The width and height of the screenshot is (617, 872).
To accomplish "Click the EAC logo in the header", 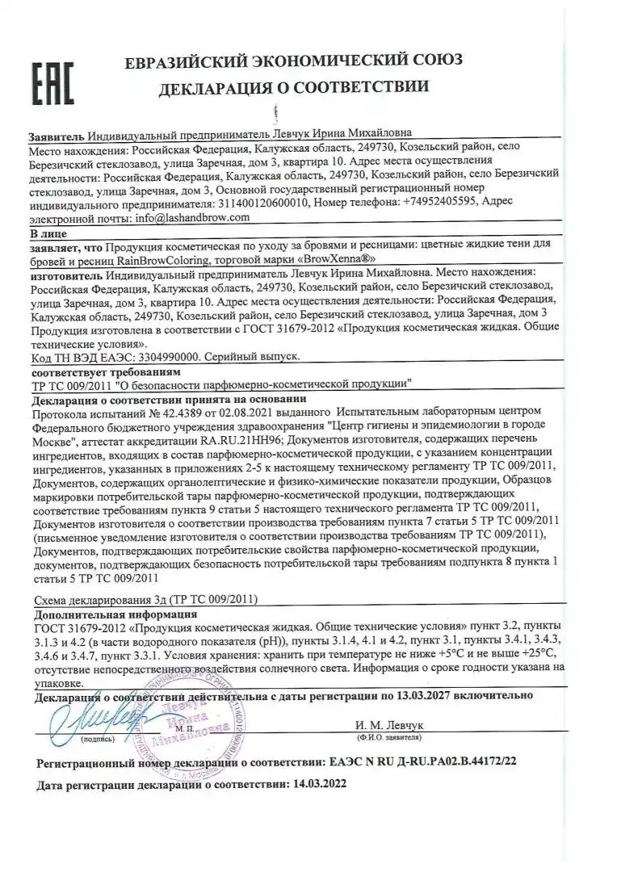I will coord(52,82).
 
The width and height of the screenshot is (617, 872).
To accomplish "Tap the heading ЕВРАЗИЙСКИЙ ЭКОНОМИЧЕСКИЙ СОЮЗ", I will coord(293,61).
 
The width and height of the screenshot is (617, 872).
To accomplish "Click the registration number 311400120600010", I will coord(263,204).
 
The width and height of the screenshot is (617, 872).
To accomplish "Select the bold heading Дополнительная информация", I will coord(101,614).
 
